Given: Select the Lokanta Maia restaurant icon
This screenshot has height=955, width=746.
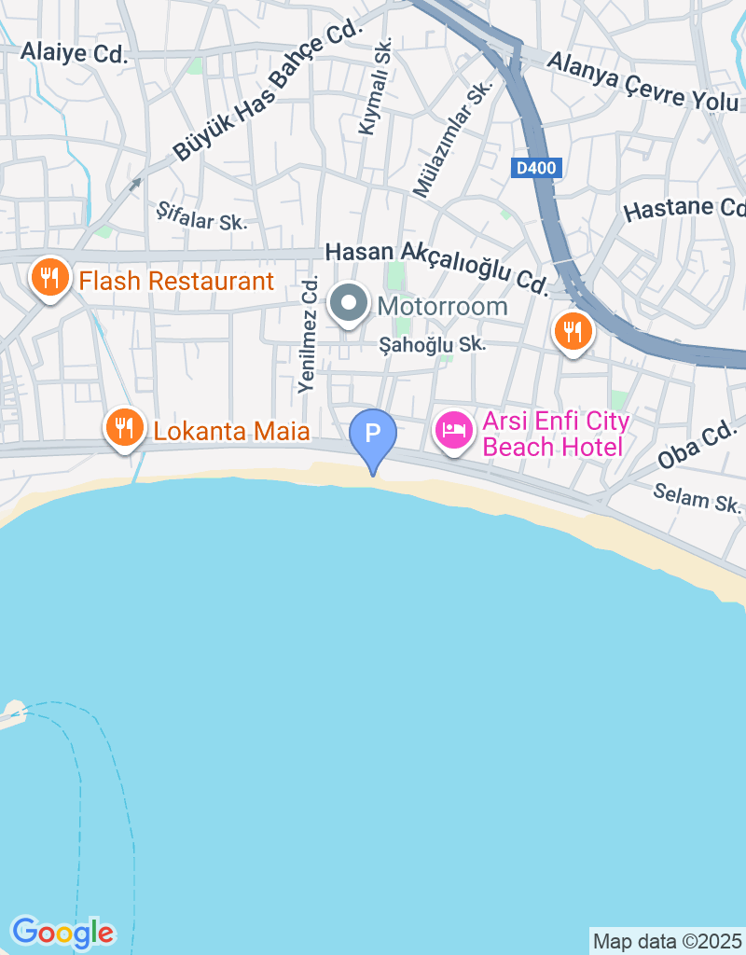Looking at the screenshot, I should coord(123,428).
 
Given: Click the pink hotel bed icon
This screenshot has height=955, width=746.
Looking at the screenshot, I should coord(454,431).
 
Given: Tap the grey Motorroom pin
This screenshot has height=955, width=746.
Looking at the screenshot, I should coord(349,303).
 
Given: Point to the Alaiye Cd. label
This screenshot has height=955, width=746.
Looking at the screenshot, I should coord(74,53).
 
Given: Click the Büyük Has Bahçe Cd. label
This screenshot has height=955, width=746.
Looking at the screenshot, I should coord(267,92).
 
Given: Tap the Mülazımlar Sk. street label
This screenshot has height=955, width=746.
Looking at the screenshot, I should coord(453,140).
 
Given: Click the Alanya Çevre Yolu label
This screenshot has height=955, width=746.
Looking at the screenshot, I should coord(643,80).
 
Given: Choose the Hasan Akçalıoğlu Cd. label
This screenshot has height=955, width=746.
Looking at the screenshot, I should coord(436,266).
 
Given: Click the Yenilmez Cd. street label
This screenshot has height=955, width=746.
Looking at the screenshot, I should coord(309,334).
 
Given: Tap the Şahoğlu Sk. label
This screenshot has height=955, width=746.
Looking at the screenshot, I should coord(433,345).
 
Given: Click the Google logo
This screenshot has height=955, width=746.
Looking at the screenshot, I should coord(62,932).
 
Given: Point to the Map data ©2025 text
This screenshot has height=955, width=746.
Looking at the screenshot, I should coord(668,941).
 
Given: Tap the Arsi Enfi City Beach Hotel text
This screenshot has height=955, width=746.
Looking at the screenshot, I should coord(556,434).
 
